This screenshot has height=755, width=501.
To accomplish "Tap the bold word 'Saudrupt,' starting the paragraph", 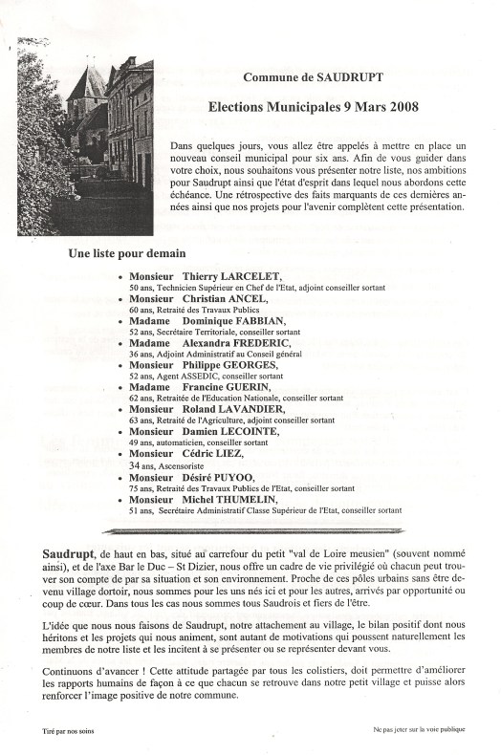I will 69,554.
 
